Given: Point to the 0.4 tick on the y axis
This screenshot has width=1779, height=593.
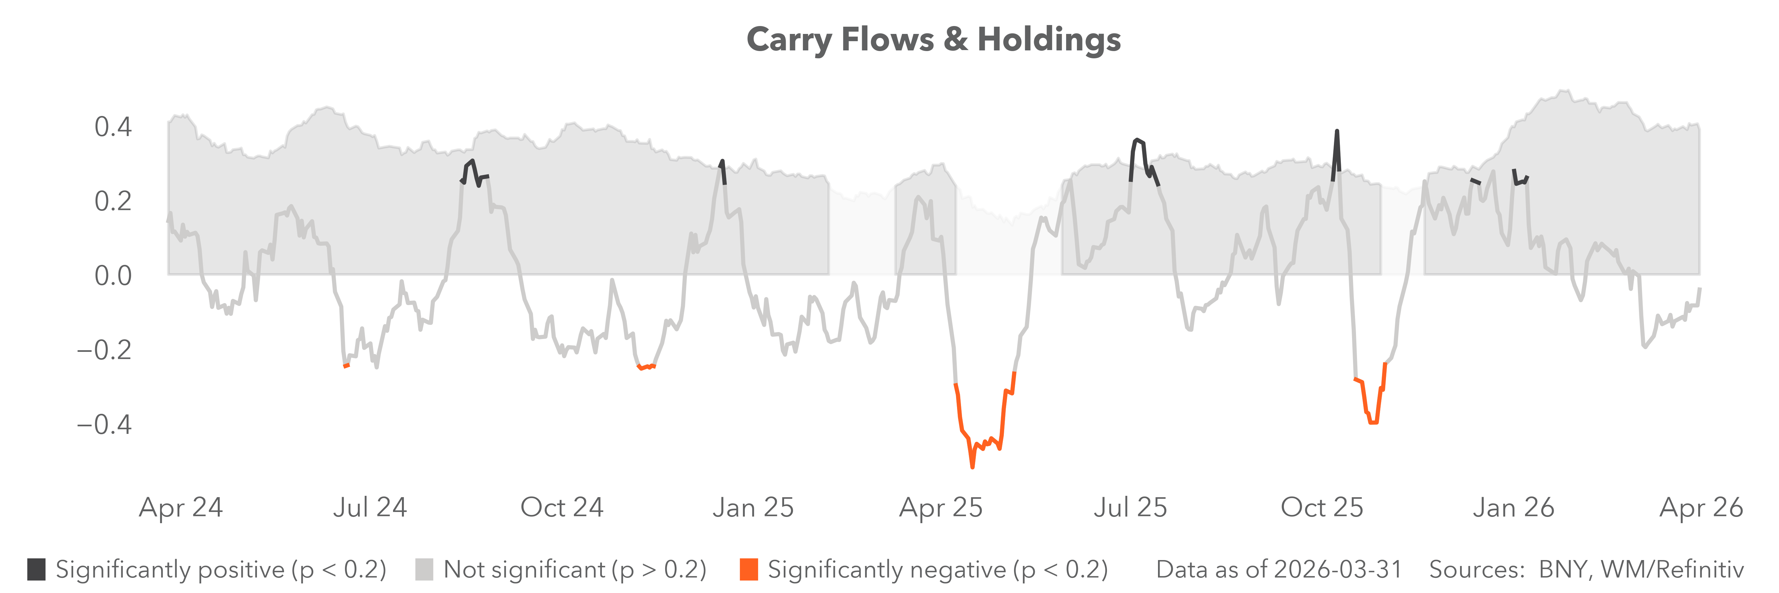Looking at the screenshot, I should click(x=113, y=127).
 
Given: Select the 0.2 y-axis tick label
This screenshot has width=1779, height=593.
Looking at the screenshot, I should click(x=113, y=202).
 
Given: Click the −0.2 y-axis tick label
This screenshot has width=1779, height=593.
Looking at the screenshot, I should click(x=103, y=350).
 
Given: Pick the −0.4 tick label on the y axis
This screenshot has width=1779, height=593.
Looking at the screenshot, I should click(x=103, y=424).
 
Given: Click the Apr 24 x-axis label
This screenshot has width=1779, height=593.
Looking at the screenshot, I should click(x=181, y=507).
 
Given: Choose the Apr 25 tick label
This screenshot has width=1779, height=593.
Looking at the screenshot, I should click(x=941, y=507).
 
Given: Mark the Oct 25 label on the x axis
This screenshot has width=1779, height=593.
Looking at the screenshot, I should click(x=1322, y=507).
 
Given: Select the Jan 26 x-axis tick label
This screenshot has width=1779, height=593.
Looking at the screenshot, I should click(x=1513, y=507).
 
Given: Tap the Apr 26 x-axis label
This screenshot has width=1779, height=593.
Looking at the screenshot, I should click(x=1701, y=507).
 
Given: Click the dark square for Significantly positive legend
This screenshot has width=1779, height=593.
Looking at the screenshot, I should click(x=37, y=570).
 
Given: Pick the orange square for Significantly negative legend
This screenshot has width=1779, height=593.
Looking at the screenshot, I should click(x=748, y=570).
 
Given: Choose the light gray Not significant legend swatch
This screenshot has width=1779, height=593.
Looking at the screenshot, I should click(x=424, y=570).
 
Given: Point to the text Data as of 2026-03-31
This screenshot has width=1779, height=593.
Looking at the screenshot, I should click(x=1279, y=570).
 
